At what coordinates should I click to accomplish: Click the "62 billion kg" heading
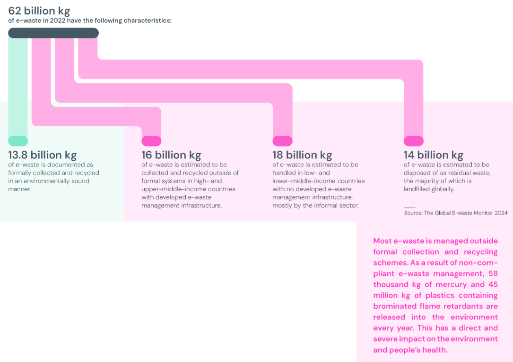click(x=39, y=10)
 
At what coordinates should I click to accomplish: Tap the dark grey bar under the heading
click(x=53, y=33)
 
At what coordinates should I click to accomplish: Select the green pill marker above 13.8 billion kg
click(x=18, y=141)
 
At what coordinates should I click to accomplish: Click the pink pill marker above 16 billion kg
click(x=151, y=141)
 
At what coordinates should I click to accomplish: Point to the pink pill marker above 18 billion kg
click(x=282, y=141)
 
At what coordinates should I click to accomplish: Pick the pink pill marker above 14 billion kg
click(x=413, y=141)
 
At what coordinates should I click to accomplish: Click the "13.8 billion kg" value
click(x=42, y=155)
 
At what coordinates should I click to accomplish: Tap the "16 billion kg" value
click(x=171, y=155)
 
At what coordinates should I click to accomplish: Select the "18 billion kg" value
click(x=302, y=155)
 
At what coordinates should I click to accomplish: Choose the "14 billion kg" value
click(x=433, y=155)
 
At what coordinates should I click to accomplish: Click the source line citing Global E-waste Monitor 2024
click(x=455, y=213)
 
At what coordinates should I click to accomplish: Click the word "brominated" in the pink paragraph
click(x=396, y=306)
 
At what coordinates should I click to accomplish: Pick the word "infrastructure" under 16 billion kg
click(x=195, y=205)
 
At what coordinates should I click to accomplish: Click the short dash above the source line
click(x=409, y=207)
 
